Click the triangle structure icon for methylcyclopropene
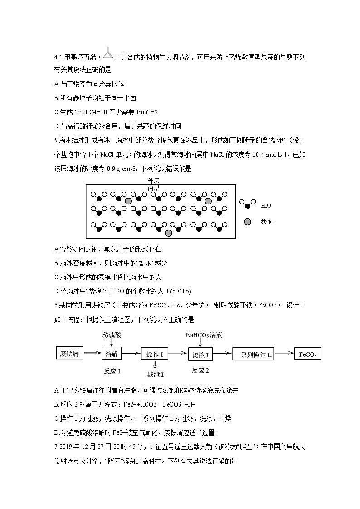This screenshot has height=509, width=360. click(107, 54)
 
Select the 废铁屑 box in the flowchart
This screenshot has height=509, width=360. click(69, 354)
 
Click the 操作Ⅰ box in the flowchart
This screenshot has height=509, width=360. click(155, 354)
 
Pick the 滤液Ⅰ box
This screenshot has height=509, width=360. click(200, 354)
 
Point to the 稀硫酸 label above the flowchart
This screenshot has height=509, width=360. click(112, 335)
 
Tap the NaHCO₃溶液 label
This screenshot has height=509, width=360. click(204, 335)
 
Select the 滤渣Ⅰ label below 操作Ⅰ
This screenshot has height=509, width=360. click(156, 374)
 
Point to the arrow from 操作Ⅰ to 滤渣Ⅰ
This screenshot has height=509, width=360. click(155, 365)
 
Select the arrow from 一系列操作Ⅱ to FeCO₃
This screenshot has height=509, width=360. click(285, 354)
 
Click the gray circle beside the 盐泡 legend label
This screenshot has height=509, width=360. click(247, 222)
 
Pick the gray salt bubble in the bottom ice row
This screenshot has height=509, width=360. click(169, 233)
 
